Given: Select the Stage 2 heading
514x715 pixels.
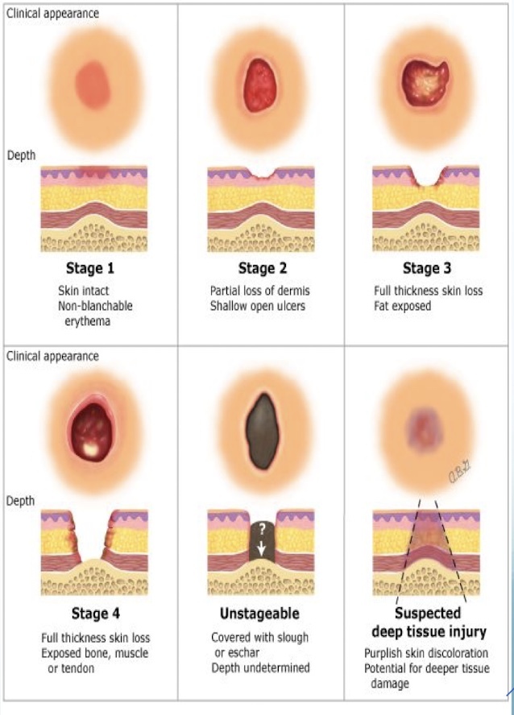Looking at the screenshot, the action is point(262,268).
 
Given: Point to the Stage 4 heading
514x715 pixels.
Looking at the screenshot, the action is point(95,614).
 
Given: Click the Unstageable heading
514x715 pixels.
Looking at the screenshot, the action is point(259,614).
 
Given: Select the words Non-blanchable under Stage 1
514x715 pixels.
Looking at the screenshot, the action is point(95,306).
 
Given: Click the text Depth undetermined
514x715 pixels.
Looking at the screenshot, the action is point(260,667).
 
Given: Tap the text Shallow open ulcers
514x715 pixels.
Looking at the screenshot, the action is point(260,306).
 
